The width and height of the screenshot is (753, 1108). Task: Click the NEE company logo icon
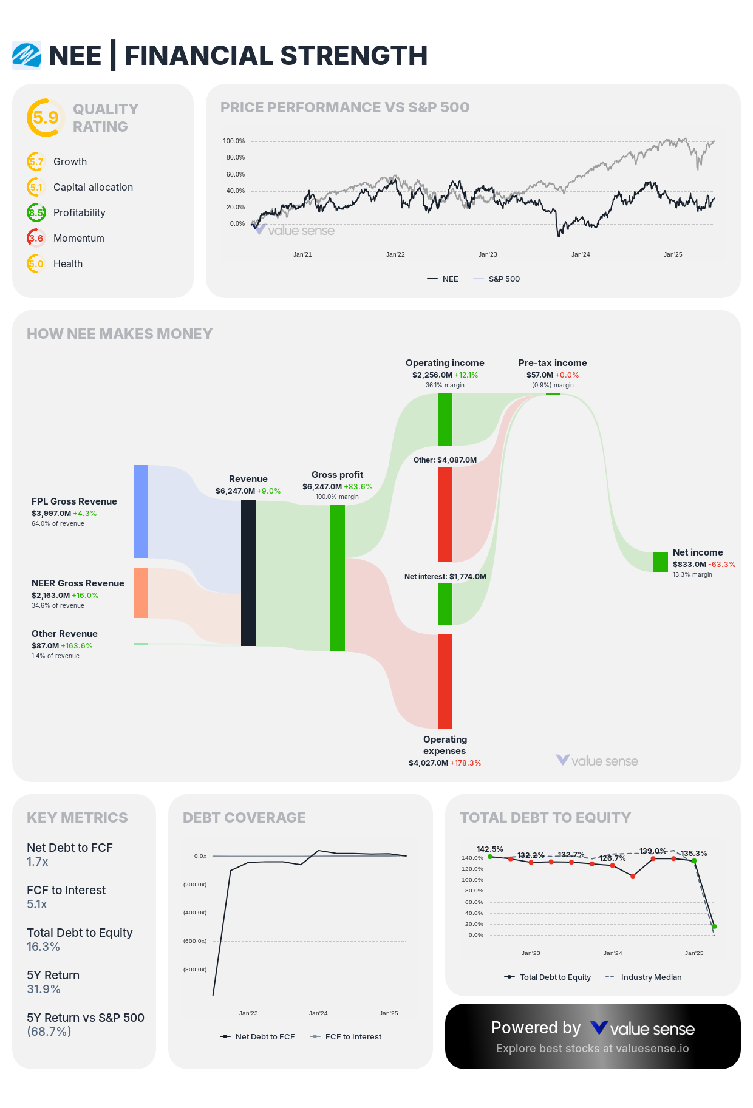(27, 55)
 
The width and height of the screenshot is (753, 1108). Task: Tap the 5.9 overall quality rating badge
(46, 117)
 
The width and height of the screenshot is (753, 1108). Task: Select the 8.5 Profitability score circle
(36, 212)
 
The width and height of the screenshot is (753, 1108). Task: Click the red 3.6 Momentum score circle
(36, 238)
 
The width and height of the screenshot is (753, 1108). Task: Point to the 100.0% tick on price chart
(233, 141)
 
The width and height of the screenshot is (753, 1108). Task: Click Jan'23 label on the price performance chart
(487, 254)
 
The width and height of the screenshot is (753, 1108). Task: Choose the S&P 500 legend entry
(503, 279)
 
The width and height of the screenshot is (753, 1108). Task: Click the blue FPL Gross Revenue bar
(141, 511)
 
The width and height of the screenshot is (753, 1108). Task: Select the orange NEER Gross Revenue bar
(141, 593)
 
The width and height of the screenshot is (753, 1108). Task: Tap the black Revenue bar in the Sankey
(248, 573)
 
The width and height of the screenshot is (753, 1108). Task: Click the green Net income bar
(660, 562)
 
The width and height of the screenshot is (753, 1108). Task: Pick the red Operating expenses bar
(445, 681)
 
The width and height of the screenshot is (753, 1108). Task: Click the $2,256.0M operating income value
(432, 375)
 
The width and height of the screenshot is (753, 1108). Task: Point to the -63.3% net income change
(722, 564)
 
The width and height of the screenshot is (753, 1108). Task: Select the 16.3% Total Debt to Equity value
(43, 947)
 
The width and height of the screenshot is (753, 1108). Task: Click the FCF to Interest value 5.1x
(36, 904)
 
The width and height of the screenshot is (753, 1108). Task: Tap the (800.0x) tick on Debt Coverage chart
(195, 969)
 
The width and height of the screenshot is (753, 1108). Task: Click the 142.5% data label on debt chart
(489, 849)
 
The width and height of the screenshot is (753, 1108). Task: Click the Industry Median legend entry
(650, 977)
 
